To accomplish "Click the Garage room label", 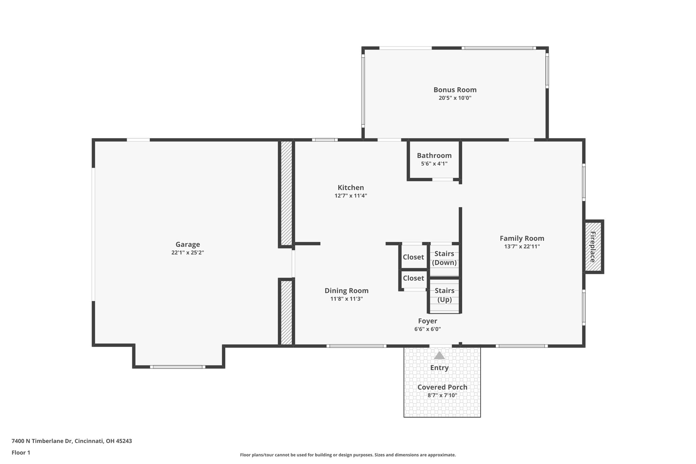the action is [188, 244].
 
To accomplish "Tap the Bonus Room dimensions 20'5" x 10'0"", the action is [455, 98].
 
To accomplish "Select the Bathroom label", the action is [434, 156].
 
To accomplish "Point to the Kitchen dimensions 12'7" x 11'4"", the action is [351, 196].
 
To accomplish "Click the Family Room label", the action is [522, 239].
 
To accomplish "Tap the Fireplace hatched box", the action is [593, 247].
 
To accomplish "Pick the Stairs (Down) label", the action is [444, 258].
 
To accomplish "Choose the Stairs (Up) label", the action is [445, 295].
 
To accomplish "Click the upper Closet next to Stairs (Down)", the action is [413, 257].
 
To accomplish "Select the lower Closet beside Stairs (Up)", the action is [413, 278].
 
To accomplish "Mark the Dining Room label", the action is [346, 291].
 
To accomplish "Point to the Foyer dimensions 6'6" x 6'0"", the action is [428, 329].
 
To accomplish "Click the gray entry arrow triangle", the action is [439, 356].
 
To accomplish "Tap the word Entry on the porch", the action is [439, 368].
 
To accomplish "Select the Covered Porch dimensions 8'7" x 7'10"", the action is [442, 395].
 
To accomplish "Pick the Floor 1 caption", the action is [21, 453].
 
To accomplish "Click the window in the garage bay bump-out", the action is [177, 367].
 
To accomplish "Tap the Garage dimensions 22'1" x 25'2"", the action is [188, 253].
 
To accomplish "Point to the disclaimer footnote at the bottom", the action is [348, 455].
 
